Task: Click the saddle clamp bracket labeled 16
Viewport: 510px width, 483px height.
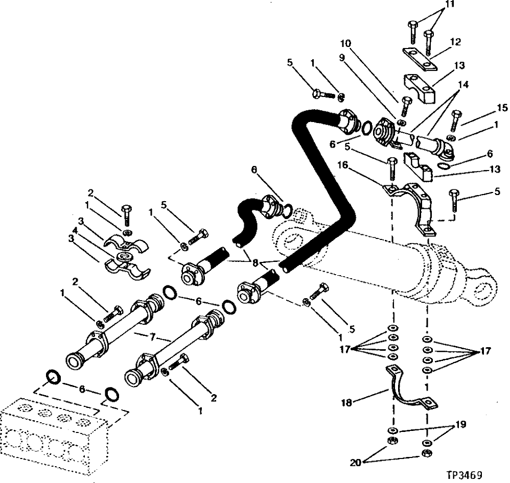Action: tap(409, 204)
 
